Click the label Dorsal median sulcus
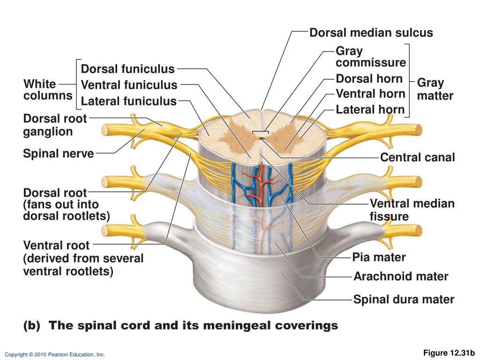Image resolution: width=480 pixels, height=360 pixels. (371, 33)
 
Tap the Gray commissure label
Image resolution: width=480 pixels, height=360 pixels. (370, 57)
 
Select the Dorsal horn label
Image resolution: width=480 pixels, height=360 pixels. (369, 78)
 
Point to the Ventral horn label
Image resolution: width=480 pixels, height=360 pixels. (370, 94)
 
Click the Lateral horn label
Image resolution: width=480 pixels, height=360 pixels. (370, 110)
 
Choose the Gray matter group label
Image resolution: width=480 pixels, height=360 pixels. (435, 89)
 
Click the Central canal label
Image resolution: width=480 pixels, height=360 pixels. (417, 157)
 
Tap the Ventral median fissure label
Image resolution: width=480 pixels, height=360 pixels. (412, 210)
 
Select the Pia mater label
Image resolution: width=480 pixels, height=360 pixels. (379, 257)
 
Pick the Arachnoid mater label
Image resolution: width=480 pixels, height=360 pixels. (401, 277)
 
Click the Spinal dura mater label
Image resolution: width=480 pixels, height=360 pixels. (404, 300)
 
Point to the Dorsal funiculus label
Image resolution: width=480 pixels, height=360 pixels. (127, 69)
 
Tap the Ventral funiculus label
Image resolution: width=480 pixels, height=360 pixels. (129, 85)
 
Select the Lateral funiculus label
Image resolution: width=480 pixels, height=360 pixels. (128, 101)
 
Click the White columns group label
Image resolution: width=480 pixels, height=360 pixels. (48, 90)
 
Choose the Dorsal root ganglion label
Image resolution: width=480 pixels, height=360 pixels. (55, 125)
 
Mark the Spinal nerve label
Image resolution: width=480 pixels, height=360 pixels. (58, 153)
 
